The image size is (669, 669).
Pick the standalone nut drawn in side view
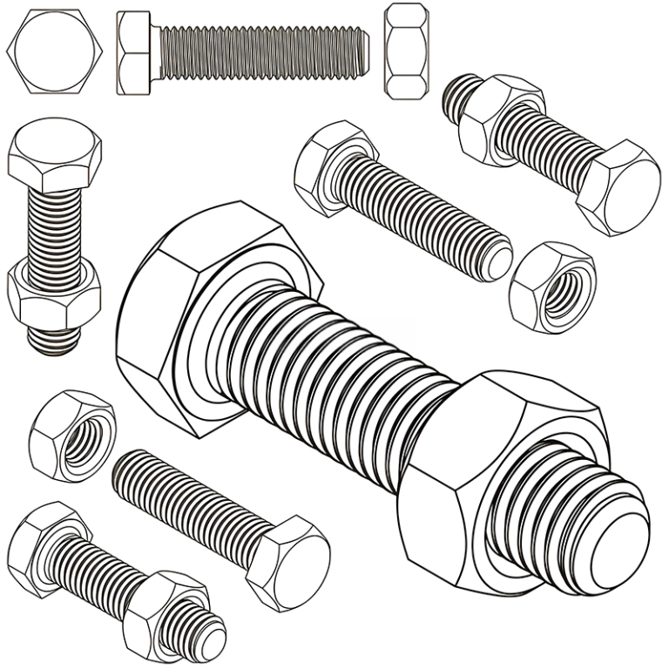pyautogui.click(x=406, y=51)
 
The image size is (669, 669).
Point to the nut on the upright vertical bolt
pyautogui.click(x=54, y=296)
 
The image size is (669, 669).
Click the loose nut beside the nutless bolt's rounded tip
pyautogui.click(x=553, y=287)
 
